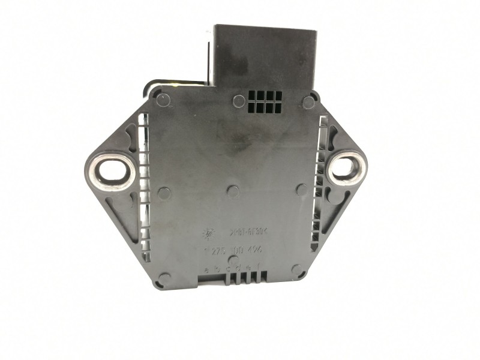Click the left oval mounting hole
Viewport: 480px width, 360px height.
tap(109, 170)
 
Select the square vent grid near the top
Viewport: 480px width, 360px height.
tap(265, 101)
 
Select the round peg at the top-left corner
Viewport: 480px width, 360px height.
tap(163, 100)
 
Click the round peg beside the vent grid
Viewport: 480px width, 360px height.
tap(239, 101)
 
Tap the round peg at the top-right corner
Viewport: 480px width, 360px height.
tap(308, 102)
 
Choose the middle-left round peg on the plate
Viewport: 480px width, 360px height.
tap(163, 193)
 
